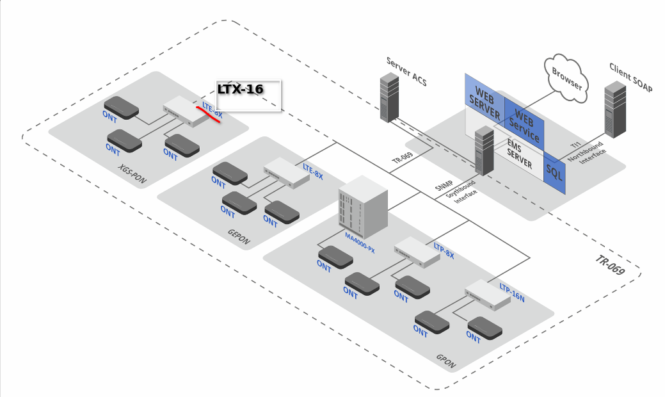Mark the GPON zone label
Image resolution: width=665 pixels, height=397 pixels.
[x=445, y=361]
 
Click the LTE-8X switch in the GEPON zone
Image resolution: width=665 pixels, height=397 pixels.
[x=285, y=173]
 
